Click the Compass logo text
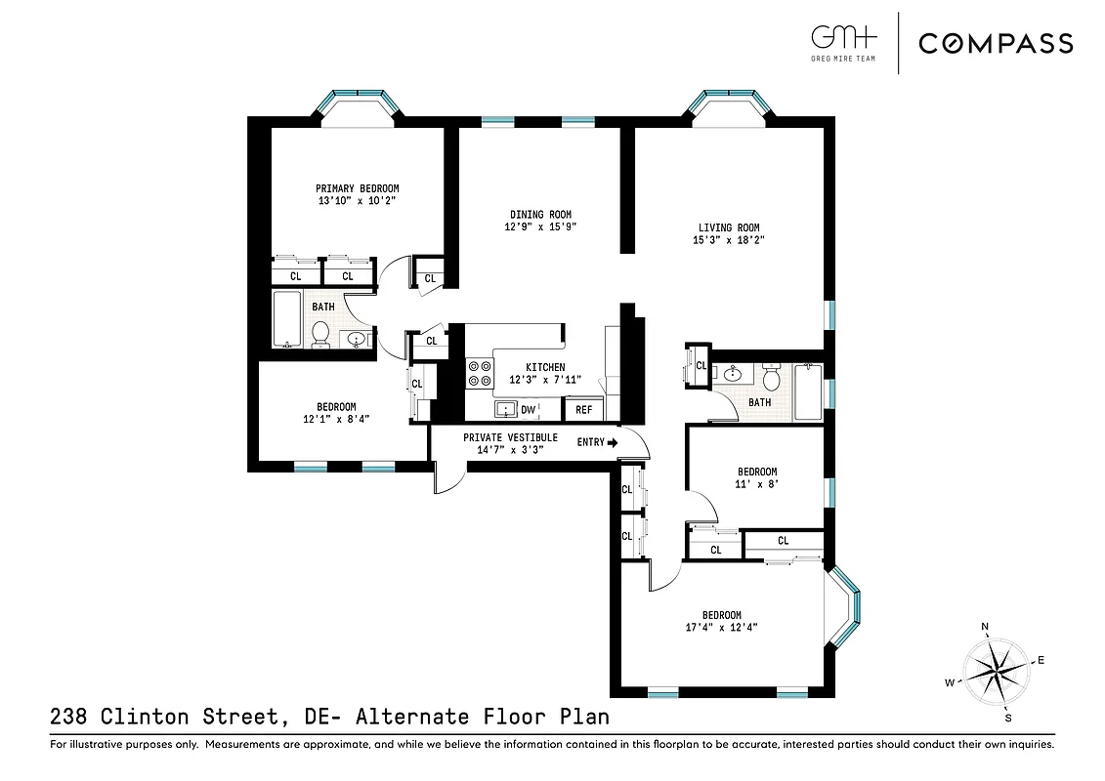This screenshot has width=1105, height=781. pos(996,43)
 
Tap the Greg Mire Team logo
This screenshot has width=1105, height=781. pos(844,43)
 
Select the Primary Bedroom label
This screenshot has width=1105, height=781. pos(357,188)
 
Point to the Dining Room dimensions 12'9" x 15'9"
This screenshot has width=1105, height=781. pos(540,227)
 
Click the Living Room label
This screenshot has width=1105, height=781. pos(726,227)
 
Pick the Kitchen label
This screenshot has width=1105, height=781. pos(544,367)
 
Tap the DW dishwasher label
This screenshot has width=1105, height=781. pos(528,410)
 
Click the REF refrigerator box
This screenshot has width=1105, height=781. pos(583,410)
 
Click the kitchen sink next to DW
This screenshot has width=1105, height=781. pos(505,409)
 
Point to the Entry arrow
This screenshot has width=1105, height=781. pos(613,442)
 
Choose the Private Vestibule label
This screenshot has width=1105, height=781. pos(510,437)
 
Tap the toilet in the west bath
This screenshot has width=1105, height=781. pos(319,334)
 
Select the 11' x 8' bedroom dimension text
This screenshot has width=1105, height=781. pos(756,484)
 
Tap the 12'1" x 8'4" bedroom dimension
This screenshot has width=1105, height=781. pos(335,420)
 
